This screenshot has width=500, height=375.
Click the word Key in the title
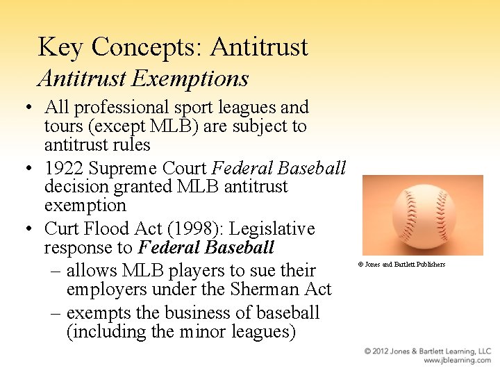(61, 47)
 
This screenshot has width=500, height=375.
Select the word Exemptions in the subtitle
(190, 78)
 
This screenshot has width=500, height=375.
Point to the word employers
(106, 289)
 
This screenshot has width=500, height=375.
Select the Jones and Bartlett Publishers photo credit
(401, 265)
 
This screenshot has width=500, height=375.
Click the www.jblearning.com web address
(458, 361)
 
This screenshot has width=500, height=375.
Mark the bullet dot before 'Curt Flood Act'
(31, 229)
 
